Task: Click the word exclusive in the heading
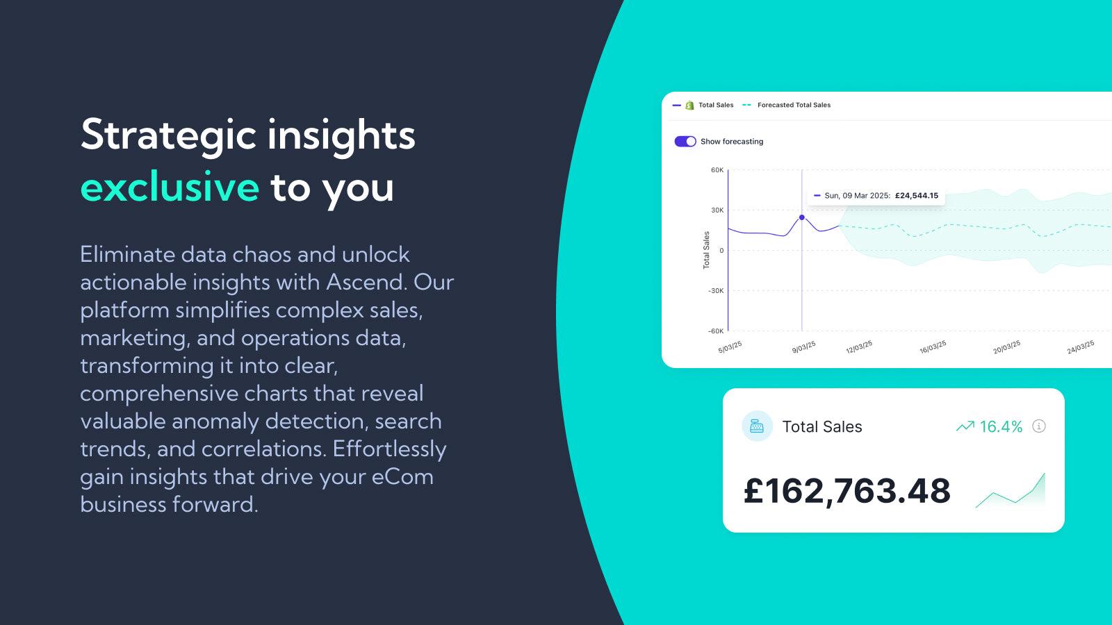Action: click(170, 187)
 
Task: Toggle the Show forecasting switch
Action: click(685, 142)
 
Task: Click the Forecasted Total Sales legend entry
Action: click(793, 106)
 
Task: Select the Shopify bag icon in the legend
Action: click(689, 106)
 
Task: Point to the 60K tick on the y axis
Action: click(717, 170)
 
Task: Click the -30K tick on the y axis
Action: click(715, 291)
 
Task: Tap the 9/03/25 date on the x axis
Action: click(803, 347)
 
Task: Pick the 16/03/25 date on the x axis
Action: click(933, 347)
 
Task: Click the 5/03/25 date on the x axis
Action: click(730, 347)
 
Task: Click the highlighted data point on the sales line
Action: click(801, 217)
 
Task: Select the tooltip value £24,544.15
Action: click(916, 196)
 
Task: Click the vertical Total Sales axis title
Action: click(706, 250)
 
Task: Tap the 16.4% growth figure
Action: click(1000, 427)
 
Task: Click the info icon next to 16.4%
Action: click(1039, 426)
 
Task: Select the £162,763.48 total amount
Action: click(847, 491)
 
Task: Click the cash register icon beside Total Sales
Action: click(757, 426)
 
